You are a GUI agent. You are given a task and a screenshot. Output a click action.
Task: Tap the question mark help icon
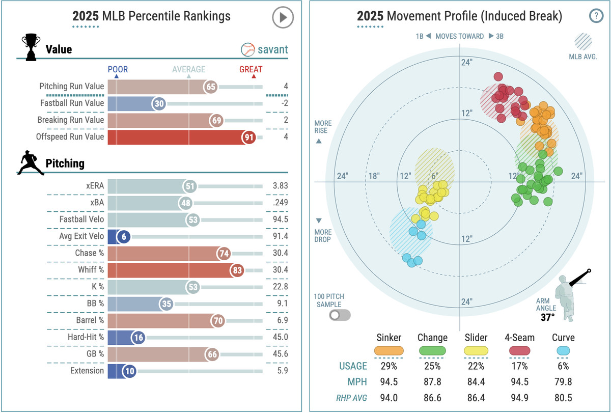pos(596,16)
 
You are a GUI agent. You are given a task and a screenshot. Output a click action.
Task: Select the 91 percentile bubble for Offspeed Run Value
pos(249,136)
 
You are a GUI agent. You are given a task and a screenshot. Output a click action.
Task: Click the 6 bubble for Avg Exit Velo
pos(124,236)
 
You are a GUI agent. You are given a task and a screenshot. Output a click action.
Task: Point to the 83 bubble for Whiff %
pos(237,270)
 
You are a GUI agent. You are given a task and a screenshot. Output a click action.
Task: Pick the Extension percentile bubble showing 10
pos(129,371)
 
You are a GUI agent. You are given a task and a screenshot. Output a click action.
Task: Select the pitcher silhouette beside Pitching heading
pos(31,163)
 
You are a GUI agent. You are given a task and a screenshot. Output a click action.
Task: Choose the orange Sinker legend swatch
pos(388,351)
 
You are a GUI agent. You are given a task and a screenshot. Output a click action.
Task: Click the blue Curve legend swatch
pos(563,351)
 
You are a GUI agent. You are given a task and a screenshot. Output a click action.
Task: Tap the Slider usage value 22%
pos(476,366)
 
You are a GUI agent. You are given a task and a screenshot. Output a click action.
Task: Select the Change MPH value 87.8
pos(432,382)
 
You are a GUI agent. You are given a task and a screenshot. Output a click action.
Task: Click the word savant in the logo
pos(272,49)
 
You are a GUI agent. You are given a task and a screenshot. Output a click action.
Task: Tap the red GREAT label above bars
pos(251,69)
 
